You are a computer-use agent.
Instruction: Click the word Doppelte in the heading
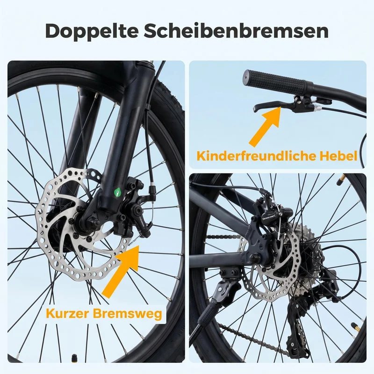tap(92, 31)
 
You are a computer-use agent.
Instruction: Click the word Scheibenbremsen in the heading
tap(236, 30)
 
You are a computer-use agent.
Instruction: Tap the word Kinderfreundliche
tap(256, 156)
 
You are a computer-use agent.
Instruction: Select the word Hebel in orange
tap(338, 156)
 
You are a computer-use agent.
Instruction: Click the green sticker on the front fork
tap(117, 193)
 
